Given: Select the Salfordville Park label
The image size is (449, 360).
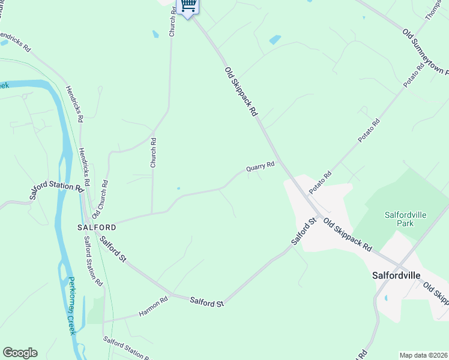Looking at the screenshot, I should coord(400,219).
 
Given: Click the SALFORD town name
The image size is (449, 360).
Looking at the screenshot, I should coord(97,228).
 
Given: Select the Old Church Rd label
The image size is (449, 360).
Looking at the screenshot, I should coord(100,199).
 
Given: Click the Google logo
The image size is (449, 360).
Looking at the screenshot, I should coord(20,353).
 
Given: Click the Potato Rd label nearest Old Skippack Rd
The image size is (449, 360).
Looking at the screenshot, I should coord(321,183).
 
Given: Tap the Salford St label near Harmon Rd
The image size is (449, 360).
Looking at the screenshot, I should coord(206,302).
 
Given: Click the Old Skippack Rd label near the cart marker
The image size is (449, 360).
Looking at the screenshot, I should coord(241,91).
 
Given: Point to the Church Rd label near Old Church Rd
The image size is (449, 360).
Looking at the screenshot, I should coord(153,152).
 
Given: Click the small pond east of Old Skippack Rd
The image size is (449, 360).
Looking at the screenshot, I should coord(275,40).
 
